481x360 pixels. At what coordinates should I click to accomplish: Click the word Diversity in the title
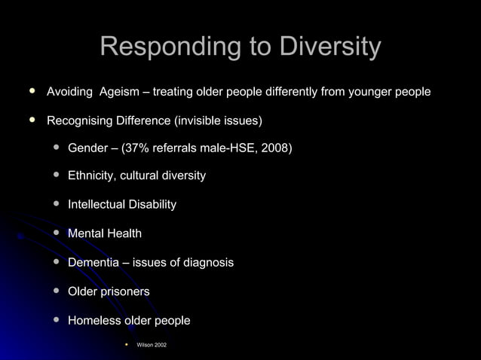(x=330, y=47)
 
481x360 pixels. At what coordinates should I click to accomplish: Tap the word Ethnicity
(x=92, y=175)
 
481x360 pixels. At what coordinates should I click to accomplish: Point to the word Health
(x=124, y=233)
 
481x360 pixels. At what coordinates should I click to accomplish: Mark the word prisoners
(x=125, y=291)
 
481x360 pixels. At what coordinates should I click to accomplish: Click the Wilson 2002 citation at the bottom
(x=152, y=345)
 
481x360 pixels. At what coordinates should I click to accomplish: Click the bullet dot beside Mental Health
(x=57, y=233)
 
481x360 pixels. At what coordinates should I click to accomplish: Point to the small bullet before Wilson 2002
(x=127, y=344)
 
